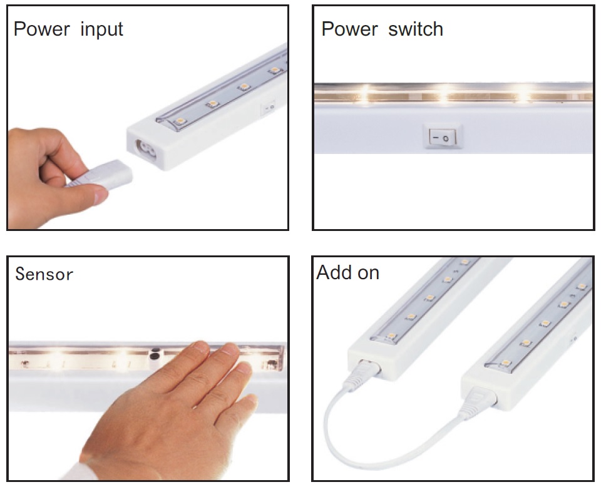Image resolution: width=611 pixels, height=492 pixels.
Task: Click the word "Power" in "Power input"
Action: (x=42, y=29)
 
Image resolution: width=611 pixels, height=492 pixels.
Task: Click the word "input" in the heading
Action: (x=101, y=30)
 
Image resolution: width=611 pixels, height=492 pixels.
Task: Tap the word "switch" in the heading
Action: (x=416, y=29)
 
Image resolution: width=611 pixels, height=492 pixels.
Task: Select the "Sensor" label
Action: (x=44, y=274)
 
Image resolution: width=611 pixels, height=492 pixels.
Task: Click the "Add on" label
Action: (x=347, y=272)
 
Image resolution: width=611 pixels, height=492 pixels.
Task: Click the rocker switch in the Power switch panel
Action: (x=442, y=137)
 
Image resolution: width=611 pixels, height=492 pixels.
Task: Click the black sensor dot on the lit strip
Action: (x=155, y=353)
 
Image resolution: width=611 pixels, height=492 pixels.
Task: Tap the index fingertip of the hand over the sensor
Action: (x=201, y=346)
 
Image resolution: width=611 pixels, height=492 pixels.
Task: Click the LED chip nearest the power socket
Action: (x=180, y=121)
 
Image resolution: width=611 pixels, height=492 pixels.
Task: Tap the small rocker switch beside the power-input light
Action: (x=268, y=107)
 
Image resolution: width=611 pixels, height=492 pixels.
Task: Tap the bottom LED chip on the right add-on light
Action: (x=505, y=363)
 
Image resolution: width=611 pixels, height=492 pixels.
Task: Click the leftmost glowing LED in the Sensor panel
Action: (x=57, y=356)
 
